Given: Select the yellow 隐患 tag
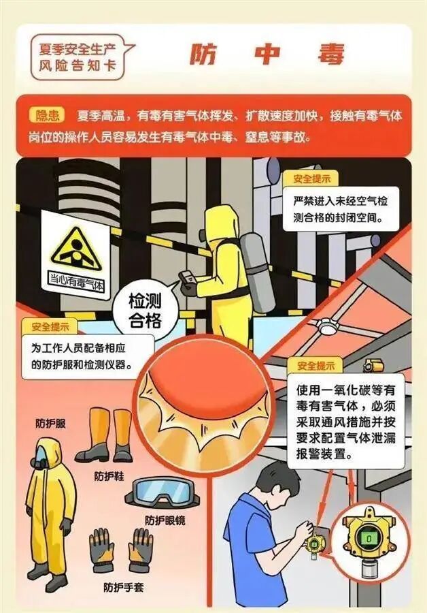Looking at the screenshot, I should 48,116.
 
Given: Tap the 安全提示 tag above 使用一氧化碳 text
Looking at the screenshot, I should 315,366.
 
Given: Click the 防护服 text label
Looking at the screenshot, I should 51,423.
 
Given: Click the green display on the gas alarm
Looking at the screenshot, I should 368,538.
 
